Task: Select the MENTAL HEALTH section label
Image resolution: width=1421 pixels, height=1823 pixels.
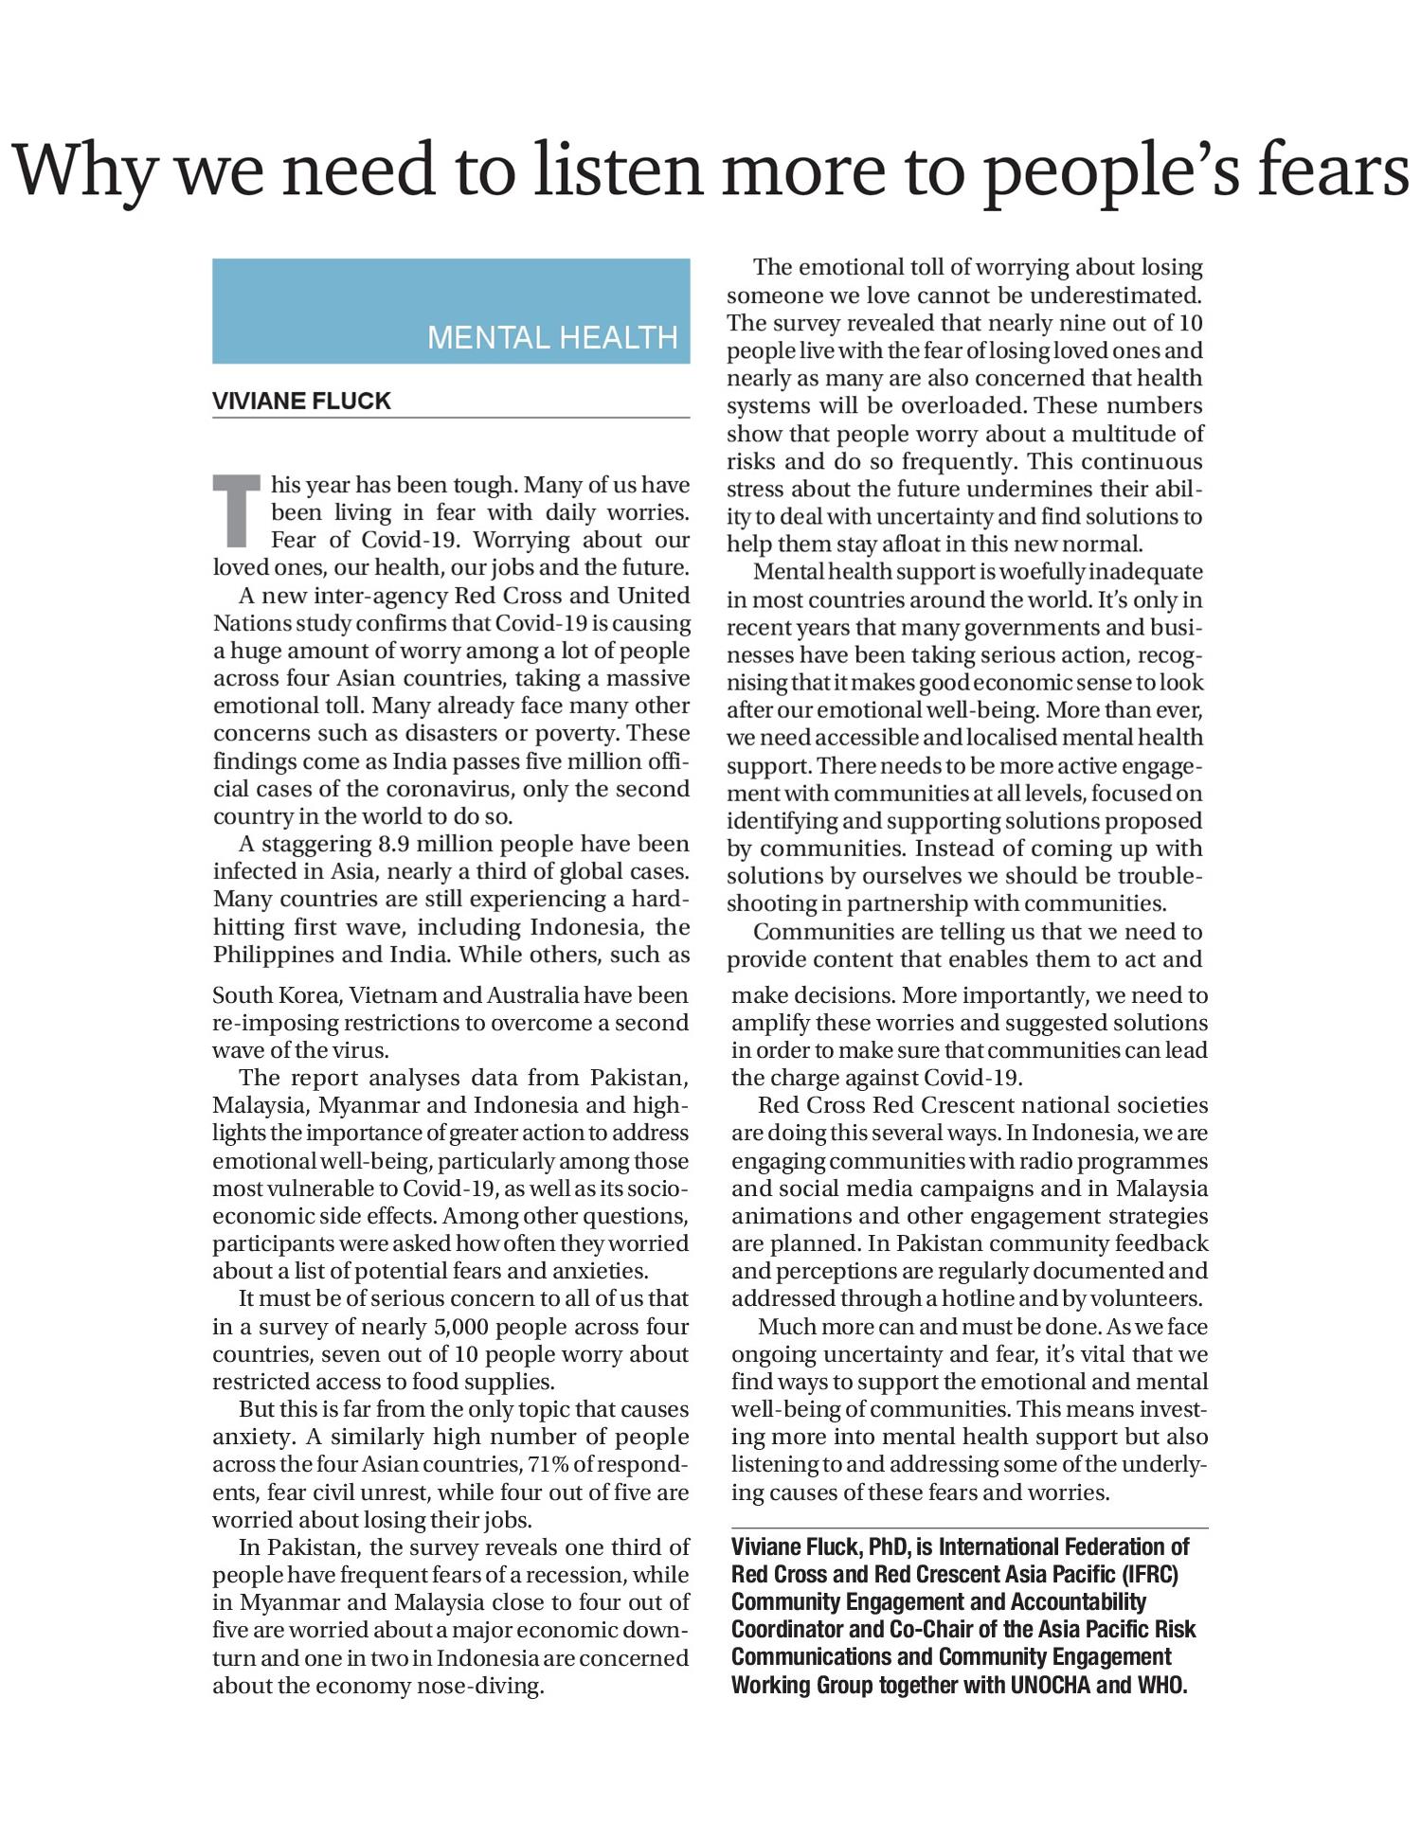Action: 552,337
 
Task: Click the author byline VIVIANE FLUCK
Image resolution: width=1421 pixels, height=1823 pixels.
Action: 301,401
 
